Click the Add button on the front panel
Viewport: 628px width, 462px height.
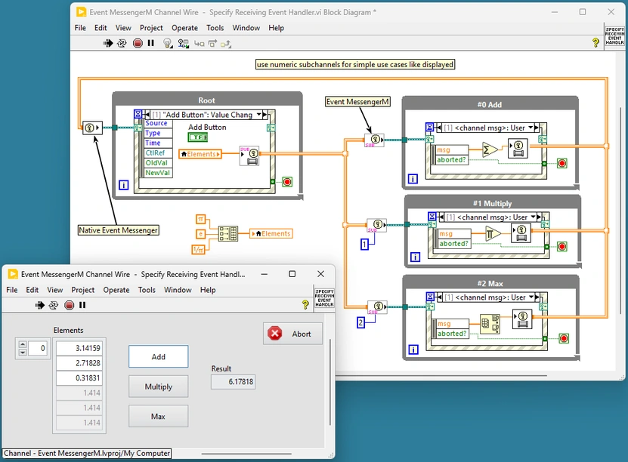pos(158,357)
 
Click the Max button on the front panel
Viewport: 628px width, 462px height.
pos(158,416)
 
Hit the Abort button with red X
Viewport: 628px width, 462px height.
pos(292,334)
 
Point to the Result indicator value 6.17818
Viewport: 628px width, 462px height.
pos(233,383)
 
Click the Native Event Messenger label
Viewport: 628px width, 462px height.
pos(119,230)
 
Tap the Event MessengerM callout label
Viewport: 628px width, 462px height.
pos(358,102)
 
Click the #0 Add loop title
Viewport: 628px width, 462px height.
pos(490,105)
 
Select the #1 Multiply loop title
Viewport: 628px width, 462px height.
pos(492,204)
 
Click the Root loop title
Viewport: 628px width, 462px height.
pos(206,100)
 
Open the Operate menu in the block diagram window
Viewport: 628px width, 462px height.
pos(184,28)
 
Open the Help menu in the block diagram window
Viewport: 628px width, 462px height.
pos(277,28)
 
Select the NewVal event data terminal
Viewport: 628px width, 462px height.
pos(158,173)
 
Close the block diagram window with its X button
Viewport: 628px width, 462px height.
pos(611,12)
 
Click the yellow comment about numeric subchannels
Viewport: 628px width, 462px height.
pos(355,65)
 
